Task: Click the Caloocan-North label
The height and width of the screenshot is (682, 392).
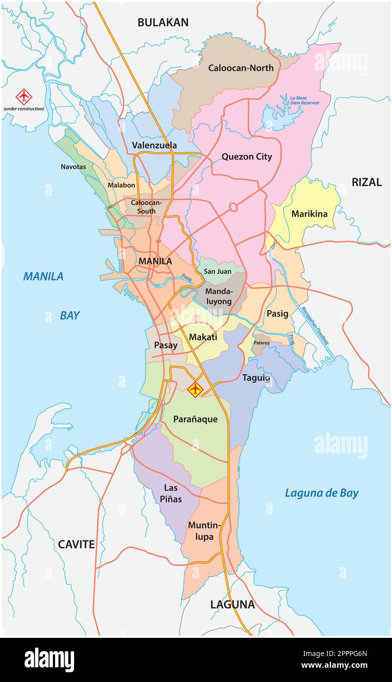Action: coord(241,68)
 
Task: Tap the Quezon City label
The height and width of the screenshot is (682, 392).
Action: coord(247,157)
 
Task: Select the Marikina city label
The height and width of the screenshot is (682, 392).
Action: coord(309,214)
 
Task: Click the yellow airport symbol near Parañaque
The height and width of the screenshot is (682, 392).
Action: coord(195,390)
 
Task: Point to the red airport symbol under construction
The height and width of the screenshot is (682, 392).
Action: coord(24,97)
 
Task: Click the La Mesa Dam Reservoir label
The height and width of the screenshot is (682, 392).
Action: coord(304,101)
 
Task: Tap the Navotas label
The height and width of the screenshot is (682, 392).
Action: coord(73,167)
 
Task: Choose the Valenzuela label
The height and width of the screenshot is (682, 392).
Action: coord(154,145)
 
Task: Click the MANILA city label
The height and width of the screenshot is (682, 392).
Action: coord(155,262)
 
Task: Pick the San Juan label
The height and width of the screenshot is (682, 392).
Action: coord(217,271)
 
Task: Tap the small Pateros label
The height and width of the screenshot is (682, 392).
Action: coord(261,343)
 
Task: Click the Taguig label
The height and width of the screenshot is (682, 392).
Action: coord(256,378)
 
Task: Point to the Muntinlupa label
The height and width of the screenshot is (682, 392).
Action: coord(205,531)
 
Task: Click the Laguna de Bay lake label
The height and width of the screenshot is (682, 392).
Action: coord(321,493)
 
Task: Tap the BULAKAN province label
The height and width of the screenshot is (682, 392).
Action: coord(163,22)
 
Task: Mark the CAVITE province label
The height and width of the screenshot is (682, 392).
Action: coord(76,544)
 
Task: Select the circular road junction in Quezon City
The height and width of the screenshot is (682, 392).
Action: coord(233,208)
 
